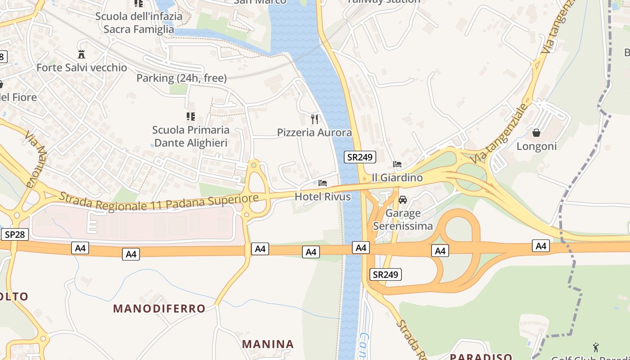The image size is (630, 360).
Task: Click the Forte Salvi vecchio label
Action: point(81,67)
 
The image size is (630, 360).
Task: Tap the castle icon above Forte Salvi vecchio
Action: point(81,54)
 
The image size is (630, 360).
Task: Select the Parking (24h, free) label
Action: point(181,78)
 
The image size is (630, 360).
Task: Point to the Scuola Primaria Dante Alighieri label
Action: point(191,136)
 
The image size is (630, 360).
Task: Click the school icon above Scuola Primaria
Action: point(191,117)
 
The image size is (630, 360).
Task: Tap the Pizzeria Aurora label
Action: point(314,132)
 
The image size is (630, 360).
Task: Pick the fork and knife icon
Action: point(315,119)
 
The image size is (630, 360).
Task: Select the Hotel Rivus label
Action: point(322,196)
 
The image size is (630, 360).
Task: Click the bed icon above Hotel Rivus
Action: point(323,183)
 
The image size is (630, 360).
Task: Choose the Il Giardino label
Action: point(397,177)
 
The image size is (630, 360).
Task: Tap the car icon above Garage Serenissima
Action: point(403,199)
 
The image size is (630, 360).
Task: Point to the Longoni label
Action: point(536,146)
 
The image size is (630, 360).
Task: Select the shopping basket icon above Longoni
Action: point(536,133)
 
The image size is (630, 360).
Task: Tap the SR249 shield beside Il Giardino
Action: point(360,157)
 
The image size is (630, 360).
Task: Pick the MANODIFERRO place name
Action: point(159,308)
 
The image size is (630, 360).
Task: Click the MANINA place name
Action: point(268,344)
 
